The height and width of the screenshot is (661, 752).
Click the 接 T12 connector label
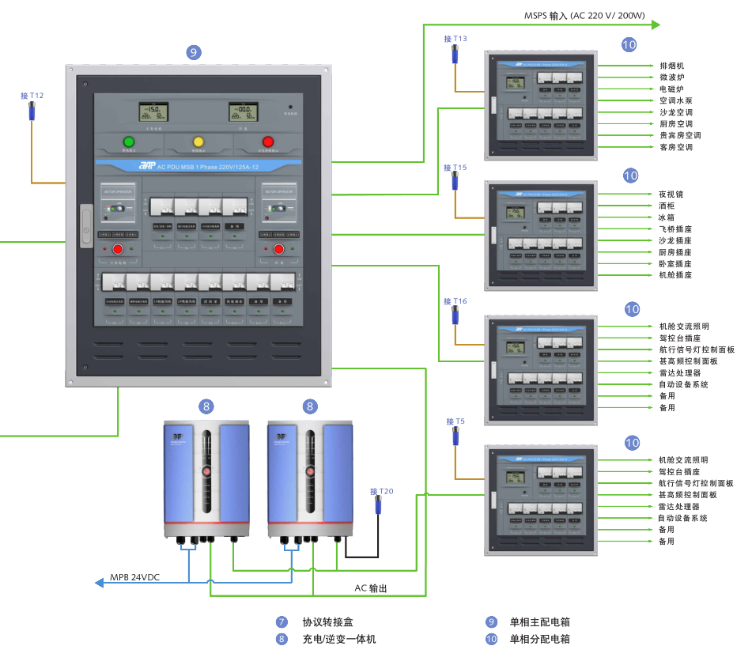click(x=32, y=96)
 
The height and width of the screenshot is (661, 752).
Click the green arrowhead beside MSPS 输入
click(x=655, y=25)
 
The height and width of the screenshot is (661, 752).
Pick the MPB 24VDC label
click(x=134, y=577)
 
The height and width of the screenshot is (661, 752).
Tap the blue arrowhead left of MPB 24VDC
click(x=100, y=583)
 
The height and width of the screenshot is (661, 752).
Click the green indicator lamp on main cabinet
click(x=128, y=142)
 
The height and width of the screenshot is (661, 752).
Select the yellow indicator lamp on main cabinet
click(x=198, y=142)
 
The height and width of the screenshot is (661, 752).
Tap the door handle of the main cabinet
click(x=85, y=233)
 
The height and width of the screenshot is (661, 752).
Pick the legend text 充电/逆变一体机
click(x=339, y=639)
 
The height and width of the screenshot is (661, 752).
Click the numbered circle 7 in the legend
click(x=282, y=622)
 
